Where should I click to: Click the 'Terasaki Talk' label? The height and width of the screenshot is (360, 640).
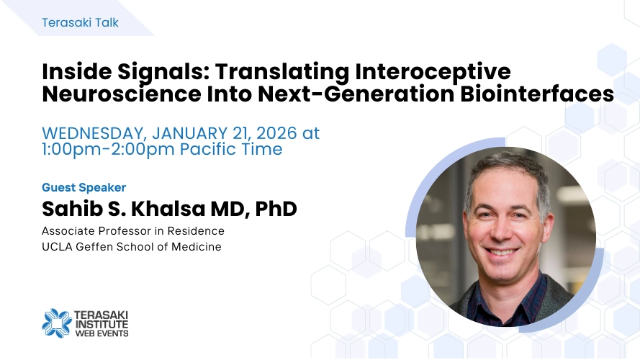[x=80, y=22]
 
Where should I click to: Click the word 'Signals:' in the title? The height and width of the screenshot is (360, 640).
[x=163, y=72]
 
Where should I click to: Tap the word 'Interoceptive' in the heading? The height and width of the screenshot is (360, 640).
[x=433, y=72]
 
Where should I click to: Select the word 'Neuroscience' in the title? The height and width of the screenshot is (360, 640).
[x=122, y=94]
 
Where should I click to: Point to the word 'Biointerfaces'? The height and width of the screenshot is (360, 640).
[x=537, y=94]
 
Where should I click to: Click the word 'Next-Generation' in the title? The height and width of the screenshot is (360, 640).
[x=356, y=94]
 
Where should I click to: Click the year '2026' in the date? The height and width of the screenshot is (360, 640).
[x=276, y=133]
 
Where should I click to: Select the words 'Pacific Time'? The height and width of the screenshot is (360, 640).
[x=231, y=149]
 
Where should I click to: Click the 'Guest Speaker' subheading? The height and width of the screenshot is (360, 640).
[x=84, y=187]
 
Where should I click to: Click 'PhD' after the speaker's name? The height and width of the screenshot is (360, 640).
[x=276, y=209]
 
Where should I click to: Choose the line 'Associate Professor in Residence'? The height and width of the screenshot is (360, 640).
[x=133, y=231]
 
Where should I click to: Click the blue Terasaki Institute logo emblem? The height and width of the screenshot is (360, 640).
[x=57, y=323]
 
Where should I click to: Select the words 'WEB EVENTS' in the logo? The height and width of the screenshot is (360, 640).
[x=102, y=333]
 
